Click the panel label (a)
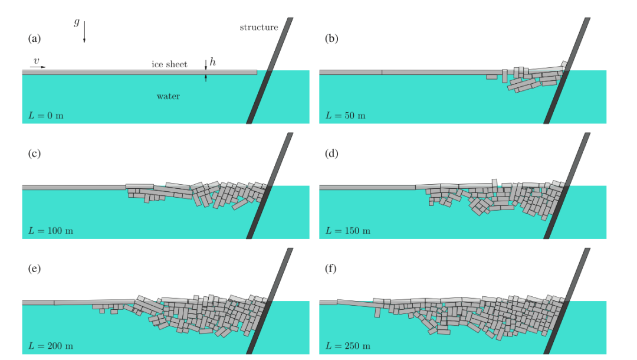tap(35, 38)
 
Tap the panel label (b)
tap(331, 38)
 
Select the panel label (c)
tap(35, 153)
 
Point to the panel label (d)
tap(331, 153)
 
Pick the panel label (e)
tap(35, 269)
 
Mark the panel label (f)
tap(331, 269)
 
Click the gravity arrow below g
tap(84, 32)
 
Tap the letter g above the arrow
tap(76, 21)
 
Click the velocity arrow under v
tap(38, 67)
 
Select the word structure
tap(259, 28)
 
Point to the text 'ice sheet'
tap(169, 64)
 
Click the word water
tap(168, 96)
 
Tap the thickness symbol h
tap(212, 62)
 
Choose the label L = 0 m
tap(46, 116)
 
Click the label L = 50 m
tap(345, 116)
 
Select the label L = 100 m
tap(51, 231)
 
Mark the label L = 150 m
tap(348, 231)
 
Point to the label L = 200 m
tap(51, 346)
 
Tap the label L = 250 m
tap(348, 346)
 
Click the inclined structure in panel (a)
tap(270, 70)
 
